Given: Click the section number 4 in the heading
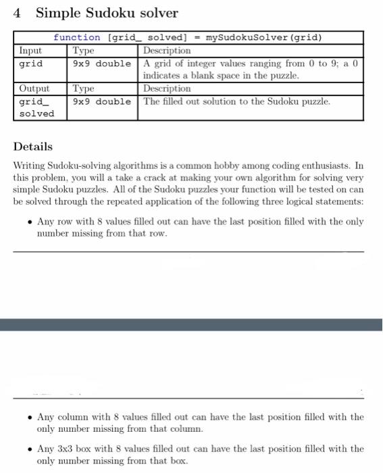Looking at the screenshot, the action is [x=18, y=13].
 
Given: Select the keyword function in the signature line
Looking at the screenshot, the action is [x=76, y=38].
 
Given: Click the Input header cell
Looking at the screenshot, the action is [x=30, y=51].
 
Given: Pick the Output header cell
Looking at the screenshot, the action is [x=34, y=89].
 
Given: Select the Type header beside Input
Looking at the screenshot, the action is [x=84, y=51].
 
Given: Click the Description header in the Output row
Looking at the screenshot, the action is [x=167, y=89].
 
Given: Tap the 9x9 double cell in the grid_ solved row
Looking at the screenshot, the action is [x=102, y=102].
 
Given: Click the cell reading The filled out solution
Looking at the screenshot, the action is [x=237, y=102].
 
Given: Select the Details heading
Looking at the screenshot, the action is [x=32, y=147].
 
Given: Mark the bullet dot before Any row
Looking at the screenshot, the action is [x=28, y=222].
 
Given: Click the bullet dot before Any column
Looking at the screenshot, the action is [x=28, y=418].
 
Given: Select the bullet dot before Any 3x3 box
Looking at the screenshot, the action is [x=28, y=449].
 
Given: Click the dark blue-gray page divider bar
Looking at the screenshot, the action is [x=191, y=325].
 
